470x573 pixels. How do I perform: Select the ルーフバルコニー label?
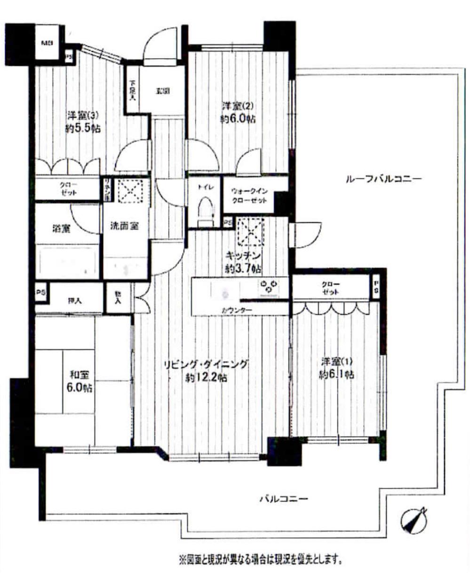382,179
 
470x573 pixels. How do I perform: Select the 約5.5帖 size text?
83,128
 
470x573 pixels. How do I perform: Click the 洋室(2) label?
239,106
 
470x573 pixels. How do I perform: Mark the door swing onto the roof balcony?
306,235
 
